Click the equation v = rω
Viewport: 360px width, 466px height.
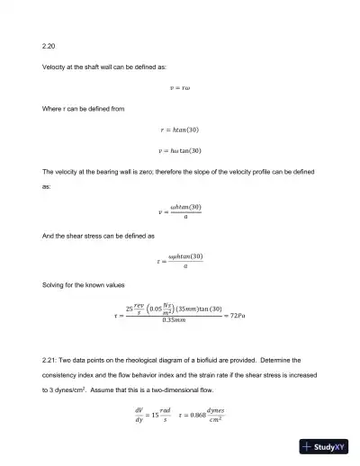pos(180,87)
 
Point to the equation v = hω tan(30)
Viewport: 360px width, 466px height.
pos(180,150)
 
